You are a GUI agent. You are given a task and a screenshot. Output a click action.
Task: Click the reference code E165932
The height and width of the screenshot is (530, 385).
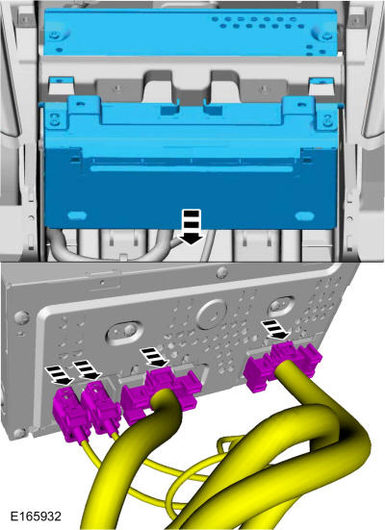tap(36, 517)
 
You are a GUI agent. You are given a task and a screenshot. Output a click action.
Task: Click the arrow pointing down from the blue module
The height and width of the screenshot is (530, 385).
tap(192, 226)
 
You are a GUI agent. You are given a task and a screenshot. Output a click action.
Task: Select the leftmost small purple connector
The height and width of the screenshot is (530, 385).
tap(69, 415)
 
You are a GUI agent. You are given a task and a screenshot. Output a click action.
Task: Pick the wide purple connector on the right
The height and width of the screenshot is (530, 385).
tap(284, 366)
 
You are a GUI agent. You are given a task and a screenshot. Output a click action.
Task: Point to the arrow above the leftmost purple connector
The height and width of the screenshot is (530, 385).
tap(60, 375)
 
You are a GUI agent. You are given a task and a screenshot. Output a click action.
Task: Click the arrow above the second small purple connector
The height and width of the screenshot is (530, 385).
tap(88, 370)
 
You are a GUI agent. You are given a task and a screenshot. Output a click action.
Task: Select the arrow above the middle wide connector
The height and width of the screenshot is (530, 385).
tap(155, 358)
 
